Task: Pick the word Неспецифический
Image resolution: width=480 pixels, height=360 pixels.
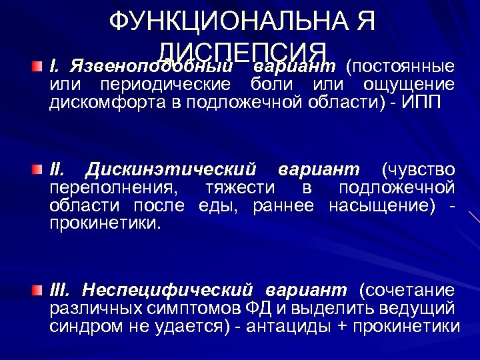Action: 169,290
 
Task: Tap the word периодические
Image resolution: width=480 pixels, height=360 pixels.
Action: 165,85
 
